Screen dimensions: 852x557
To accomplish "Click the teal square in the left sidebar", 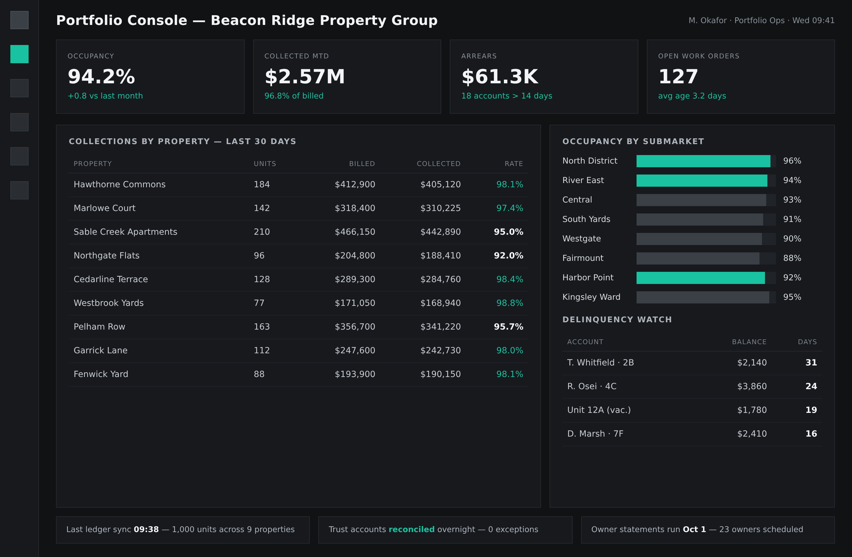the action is [19, 54].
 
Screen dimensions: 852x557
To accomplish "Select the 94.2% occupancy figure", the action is [101, 77].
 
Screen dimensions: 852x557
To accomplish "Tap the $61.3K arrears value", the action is [500, 77].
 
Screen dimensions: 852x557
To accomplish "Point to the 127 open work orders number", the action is [678, 77].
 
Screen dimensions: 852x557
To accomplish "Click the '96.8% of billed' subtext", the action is [294, 96].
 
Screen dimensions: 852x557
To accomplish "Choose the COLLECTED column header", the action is [438, 164].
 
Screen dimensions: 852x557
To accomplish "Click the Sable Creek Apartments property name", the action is [125, 232].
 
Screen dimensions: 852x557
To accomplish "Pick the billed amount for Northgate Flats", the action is [355, 255].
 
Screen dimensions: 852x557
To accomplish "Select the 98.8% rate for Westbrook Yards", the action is [509, 303].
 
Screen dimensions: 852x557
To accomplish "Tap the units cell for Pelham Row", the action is [262, 327].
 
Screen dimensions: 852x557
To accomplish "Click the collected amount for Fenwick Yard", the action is [440, 374].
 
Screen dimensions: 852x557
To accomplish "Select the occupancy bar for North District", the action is [703, 161].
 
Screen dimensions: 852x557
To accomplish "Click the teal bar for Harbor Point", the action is [700, 278].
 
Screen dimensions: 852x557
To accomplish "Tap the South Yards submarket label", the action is [586, 219].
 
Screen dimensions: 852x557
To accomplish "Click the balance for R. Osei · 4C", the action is [752, 386].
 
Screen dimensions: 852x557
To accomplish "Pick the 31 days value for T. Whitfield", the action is [811, 362].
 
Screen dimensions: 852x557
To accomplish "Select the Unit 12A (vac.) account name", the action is [599, 410].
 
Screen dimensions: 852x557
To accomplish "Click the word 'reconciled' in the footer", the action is [411, 529].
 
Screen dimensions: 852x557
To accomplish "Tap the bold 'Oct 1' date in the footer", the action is [694, 529].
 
